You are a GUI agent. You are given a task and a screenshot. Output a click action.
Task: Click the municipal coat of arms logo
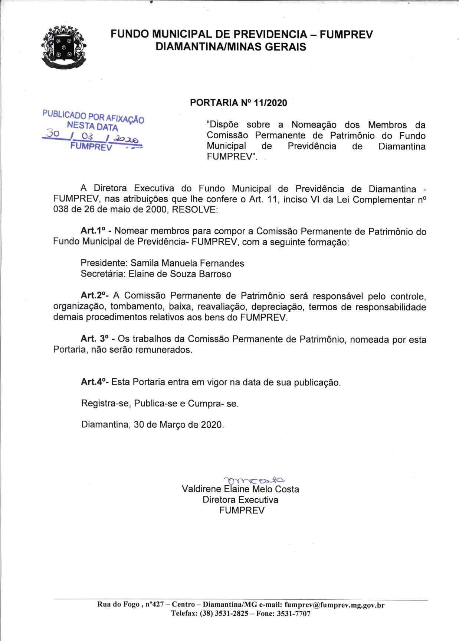click(64, 47)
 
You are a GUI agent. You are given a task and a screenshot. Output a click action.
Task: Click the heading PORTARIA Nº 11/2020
click(238, 103)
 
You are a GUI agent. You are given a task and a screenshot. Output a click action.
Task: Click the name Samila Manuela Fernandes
click(187, 263)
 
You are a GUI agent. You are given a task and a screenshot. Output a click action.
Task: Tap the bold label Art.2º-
click(94, 296)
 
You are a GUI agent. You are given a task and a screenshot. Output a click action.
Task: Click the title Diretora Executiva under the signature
click(240, 499)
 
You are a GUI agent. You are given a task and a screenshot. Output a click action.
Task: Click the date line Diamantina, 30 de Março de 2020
click(153, 424)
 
